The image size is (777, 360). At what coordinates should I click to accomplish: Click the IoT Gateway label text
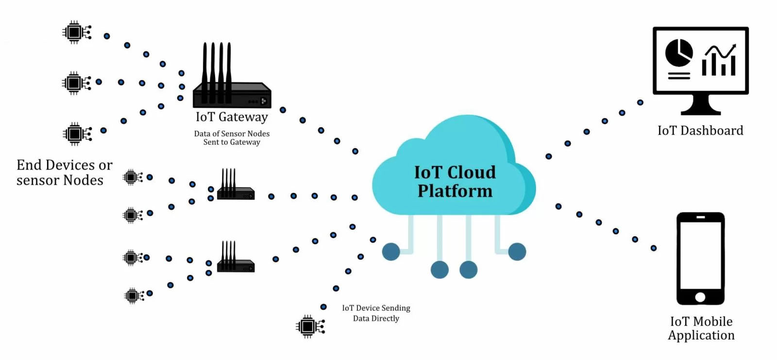point(232,117)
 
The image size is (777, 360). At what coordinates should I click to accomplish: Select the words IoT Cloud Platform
point(455,181)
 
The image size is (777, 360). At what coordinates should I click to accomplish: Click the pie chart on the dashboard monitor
point(678,52)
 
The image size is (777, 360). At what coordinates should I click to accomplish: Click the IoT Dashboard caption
point(700,131)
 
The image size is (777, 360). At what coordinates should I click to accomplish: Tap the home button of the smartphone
point(700,297)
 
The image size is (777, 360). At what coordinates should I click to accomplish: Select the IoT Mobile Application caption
point(701,328)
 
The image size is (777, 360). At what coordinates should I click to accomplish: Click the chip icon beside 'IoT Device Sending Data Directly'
point(309,326)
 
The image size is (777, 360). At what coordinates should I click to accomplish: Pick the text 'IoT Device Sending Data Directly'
point(376,313)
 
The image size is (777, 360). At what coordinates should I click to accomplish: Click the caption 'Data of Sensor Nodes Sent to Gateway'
point(232,138)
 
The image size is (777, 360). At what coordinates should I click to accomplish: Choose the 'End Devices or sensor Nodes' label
point(64,172)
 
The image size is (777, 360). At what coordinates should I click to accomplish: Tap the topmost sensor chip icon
point(75,33)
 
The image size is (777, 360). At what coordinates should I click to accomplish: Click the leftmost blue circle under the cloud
point(391,252)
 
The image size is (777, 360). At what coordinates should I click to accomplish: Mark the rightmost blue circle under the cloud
point(517,252)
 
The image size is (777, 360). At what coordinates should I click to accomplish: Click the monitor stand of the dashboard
point(700,105)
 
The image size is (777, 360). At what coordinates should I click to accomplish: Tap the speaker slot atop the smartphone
point(700,218)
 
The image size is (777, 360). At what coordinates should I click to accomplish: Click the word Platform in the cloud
point(455,191)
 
